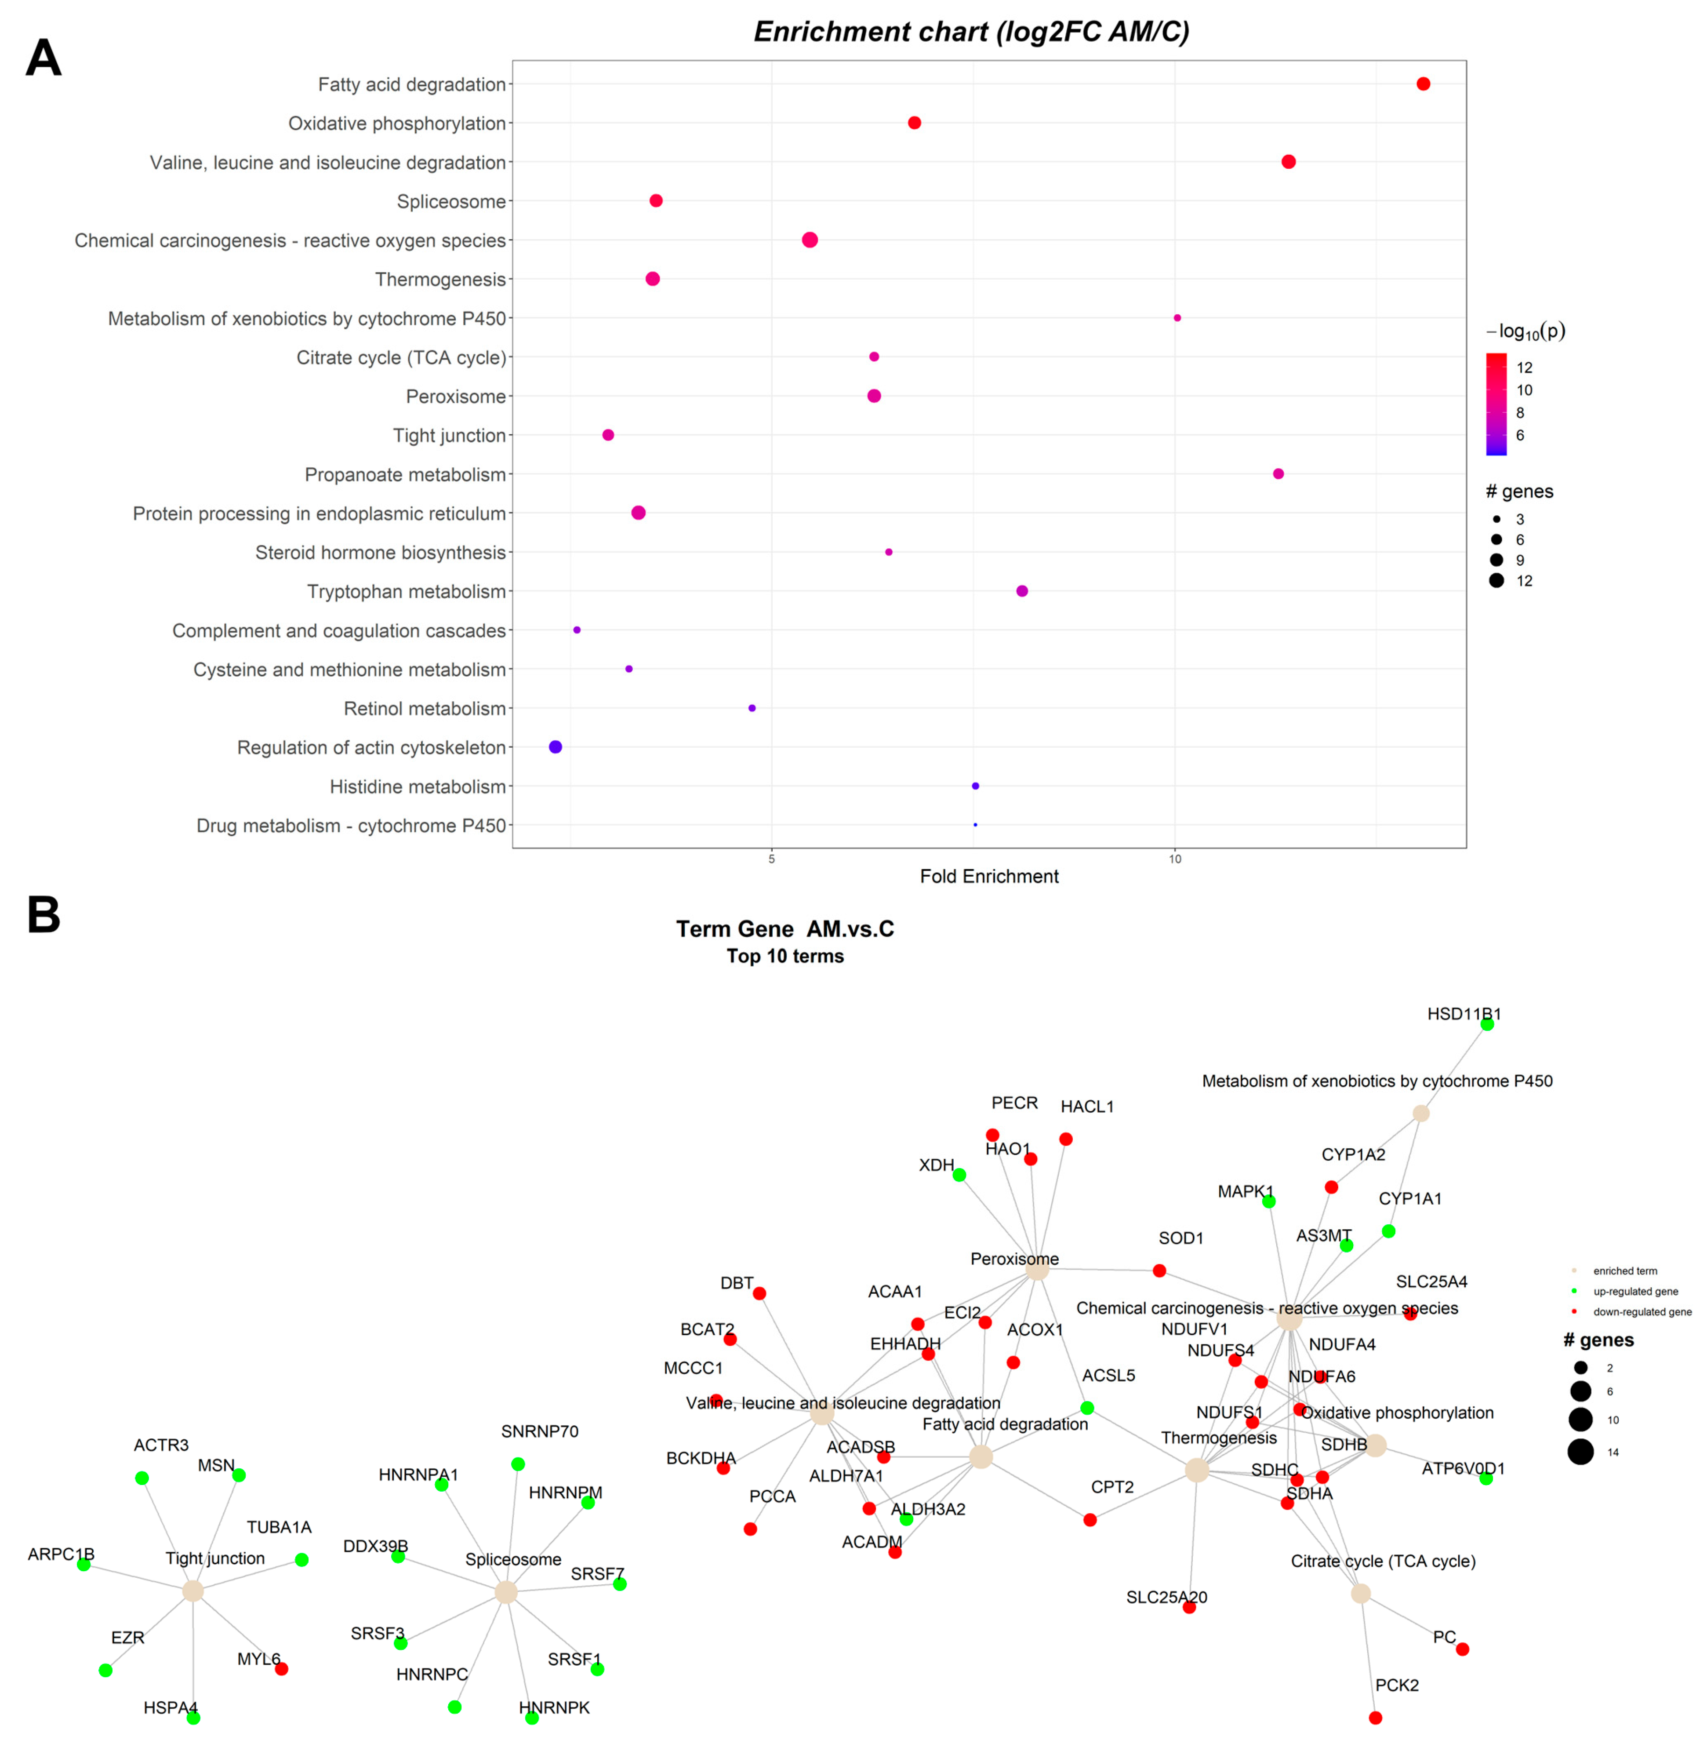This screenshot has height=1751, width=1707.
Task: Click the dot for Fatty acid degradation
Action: click(x=1423, y=84)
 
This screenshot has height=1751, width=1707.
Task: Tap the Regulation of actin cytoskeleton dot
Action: click(x=555, y=747)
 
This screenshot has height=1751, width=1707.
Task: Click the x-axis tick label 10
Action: click(x=1174, y=859)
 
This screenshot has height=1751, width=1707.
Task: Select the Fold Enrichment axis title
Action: click(x=989, y=876)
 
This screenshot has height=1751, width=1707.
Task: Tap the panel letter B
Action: click(x=43, y=915)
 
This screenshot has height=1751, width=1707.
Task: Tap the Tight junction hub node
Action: click(x=193, y=1591)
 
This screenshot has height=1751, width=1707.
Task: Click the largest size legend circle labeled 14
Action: click(x=1580, y=1452)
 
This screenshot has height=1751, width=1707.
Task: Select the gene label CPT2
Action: click(x=1111, y=1486)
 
